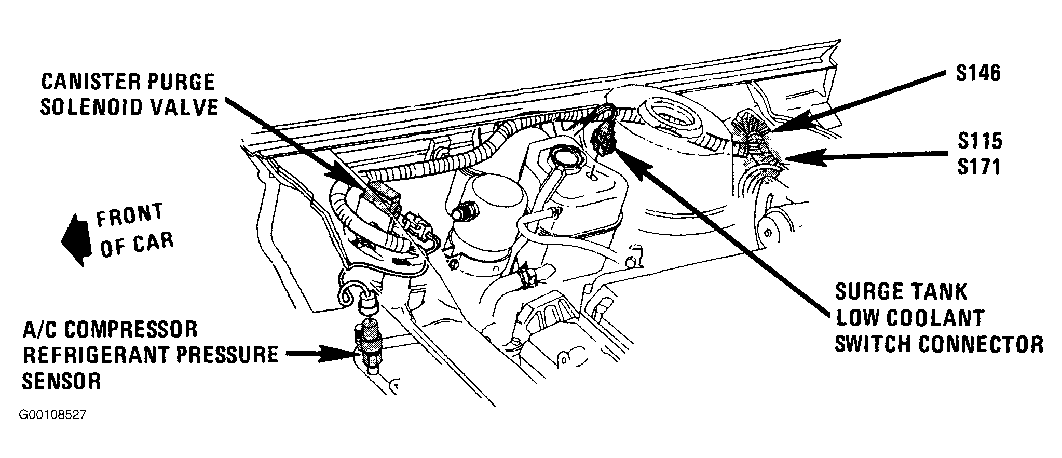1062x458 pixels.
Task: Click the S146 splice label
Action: click(978, 74)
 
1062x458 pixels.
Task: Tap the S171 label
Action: click(979, 167)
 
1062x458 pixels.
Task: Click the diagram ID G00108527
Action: click(52, 415)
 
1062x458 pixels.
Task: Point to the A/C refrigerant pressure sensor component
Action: click(367, 346)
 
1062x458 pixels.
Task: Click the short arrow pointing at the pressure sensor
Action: click(319, 355)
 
